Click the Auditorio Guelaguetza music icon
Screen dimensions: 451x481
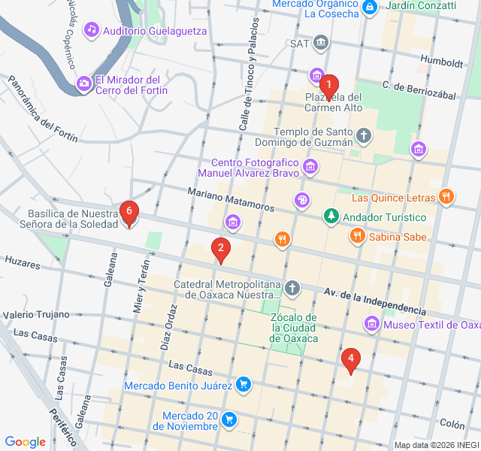tap(92, 30)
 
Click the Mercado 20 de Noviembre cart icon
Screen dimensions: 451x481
tap(230, 418)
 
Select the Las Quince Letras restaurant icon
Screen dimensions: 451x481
tap(446, 197)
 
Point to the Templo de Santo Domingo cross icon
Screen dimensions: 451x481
tap(364, 136)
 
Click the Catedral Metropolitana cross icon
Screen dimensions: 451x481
tap(292, 288)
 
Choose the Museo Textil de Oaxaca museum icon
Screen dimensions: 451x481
tap(371, 325)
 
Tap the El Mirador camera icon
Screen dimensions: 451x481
tap(83, 83)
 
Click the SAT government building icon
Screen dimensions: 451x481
tap(322, 42)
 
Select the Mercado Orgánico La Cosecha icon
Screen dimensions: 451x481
tap(369, 8)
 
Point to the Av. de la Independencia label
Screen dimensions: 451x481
tap(374, 299)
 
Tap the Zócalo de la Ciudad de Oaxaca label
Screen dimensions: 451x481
tap(294, 328)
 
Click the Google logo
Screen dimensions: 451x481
tap(25, 442)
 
